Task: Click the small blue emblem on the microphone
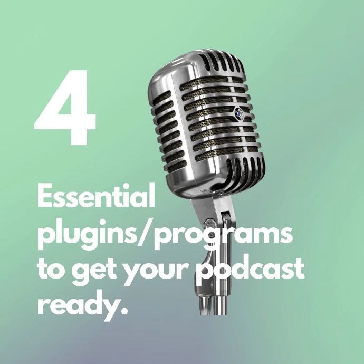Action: click(238, 112)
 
